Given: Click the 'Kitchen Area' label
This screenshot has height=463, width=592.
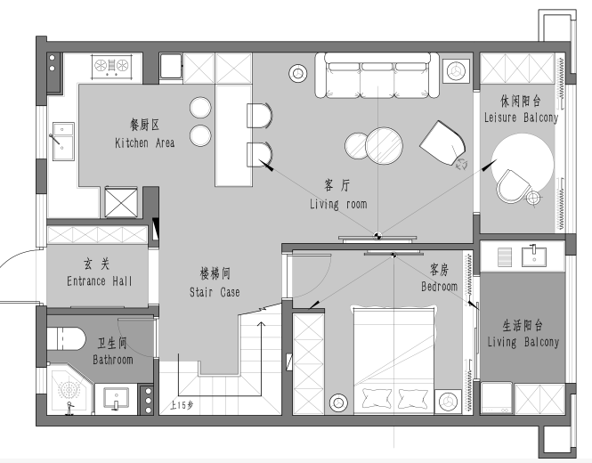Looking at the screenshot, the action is click(x=144, y=142).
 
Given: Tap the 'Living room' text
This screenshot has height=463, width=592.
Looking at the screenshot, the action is click(x=338, y=204).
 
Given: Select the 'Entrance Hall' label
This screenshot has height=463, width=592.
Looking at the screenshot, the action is click(x=100, y=281).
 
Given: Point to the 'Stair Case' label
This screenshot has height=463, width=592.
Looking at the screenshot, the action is click(x=215, y=292).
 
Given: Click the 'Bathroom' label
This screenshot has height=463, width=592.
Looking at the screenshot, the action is click(x=113, y=360).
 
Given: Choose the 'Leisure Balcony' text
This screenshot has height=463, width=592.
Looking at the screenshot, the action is click(x=522, y=118).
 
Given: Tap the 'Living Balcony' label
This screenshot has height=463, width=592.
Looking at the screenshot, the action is click(x=523, y=342).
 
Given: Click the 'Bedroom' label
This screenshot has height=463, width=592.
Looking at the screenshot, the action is click(x=439, y=287).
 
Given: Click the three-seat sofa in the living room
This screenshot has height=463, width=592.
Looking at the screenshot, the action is click(x=377, y=76).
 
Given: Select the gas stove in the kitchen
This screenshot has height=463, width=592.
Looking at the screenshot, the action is click(x=112, y=66).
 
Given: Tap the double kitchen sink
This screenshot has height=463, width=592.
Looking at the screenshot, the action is click(x=63, y=141).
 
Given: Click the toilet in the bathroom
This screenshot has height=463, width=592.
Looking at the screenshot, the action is click(x=66, y=338).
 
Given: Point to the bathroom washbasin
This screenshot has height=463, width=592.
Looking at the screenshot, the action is click(x=116, y=398).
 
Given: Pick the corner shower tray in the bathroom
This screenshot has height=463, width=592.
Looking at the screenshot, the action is click(x=69, y=389).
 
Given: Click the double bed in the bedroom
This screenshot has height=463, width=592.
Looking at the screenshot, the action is click(x=394, y=360).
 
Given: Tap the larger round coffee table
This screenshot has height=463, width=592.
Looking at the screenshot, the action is click(x=384, y=146).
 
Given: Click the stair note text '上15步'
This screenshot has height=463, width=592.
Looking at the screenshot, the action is click(x=182, y=405).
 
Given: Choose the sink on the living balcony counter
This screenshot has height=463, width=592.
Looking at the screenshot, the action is click(x=534, y=256).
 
